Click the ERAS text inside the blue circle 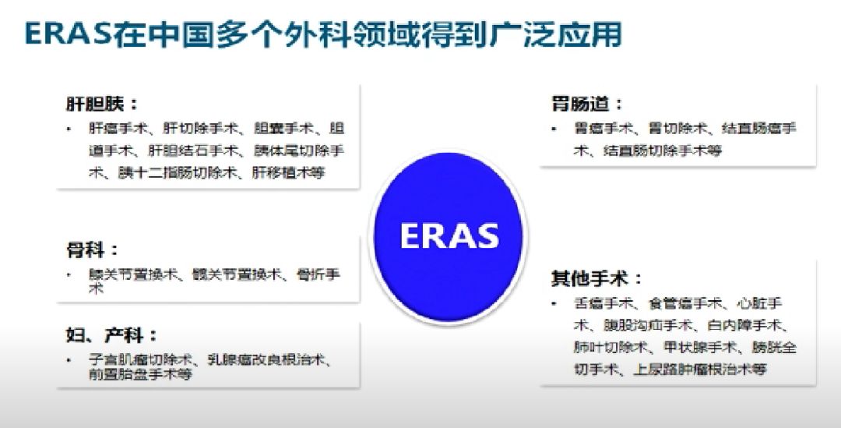tap(449, 235)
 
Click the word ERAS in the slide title tap(65, 34)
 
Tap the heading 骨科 tap(93, 250)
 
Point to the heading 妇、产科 tap(111, 335)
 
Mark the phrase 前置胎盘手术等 tap(140, 373)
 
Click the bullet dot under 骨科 tap(69, 274)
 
